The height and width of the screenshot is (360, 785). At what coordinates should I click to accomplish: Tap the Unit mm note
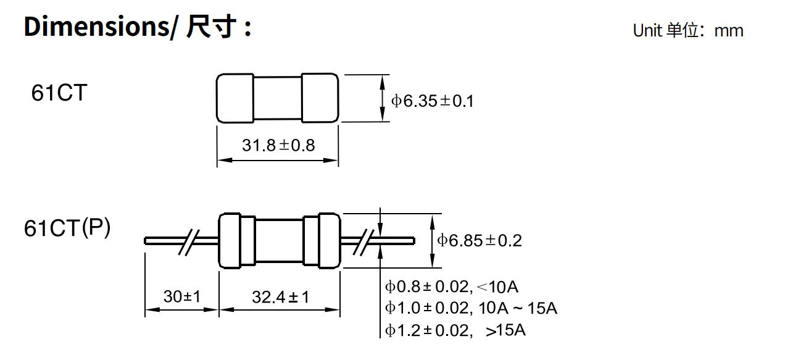[x=687, y=30]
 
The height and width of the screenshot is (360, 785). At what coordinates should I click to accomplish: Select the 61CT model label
[x=59, y=93]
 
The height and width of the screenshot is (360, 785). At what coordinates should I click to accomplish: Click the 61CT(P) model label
[x=67, y=228]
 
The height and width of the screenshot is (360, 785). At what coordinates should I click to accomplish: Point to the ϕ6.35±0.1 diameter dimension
[x=433, y=101]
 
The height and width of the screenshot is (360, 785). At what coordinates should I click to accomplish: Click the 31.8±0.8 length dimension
[x=278, y=145]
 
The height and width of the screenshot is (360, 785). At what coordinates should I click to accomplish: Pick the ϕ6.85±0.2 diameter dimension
[x=480, y=240]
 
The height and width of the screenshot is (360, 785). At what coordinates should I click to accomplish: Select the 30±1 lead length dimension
[x=182, y=296]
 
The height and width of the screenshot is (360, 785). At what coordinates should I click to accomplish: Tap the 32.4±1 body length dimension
[x=280, y=297]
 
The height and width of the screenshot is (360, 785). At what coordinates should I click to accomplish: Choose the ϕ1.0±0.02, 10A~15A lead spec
[x=471, y=308]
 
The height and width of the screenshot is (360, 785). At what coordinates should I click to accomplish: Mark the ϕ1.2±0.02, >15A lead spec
[x=455, y=330]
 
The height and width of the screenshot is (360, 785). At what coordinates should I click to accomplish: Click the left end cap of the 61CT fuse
[x=235, y=98]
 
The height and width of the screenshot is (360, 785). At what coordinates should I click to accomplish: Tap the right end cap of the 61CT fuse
[x=320, y=98]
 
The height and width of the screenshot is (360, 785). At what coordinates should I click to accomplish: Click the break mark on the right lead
[x=368, y=241]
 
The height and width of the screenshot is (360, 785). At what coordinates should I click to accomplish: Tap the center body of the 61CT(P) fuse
[x=280, y=241]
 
